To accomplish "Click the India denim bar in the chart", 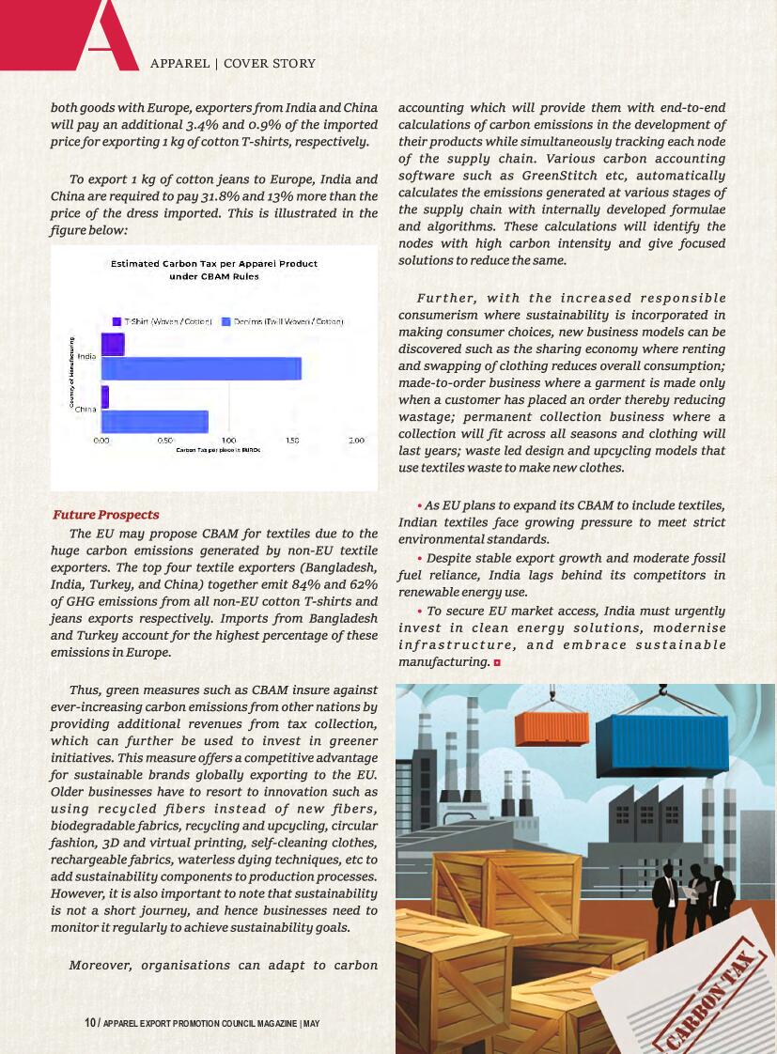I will point(201,369).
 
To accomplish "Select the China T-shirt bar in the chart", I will point(105,396).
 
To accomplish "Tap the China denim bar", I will point(155,422).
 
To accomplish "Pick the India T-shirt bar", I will point(113,345).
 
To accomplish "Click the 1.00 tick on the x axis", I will point(228,440).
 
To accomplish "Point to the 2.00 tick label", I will point(357,440).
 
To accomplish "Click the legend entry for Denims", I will point(283,321).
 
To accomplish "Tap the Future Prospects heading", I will point(106,515).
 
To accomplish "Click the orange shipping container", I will point(552,728).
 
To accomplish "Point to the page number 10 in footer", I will point(89,1022).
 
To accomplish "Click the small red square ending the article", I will point(496,662).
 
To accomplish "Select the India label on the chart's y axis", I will point(86,357).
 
